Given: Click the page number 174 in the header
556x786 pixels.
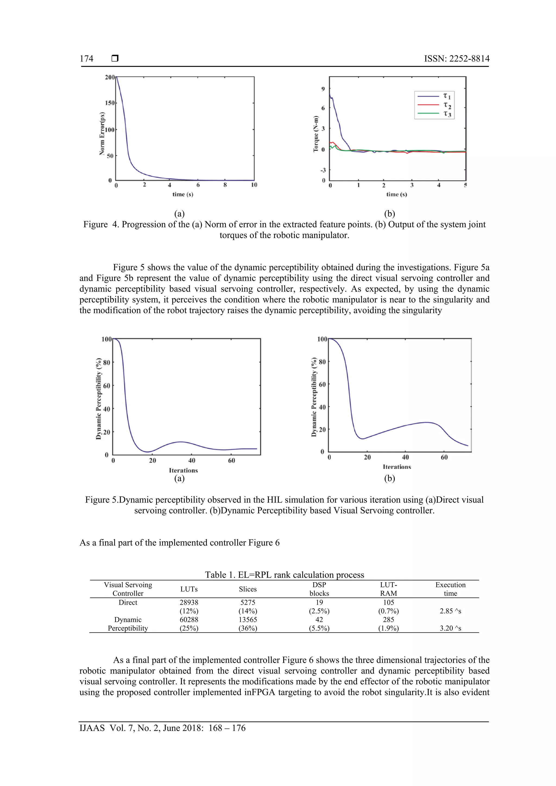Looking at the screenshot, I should pyautogui.click(x=86, y=59).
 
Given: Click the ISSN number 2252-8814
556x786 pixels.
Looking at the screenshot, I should pyautogui.click(x=469, y=59).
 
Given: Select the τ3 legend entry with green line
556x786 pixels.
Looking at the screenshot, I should pyautogui.click(x=447, y=114).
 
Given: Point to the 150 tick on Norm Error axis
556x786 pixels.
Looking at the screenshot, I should pyautogui.click(x=110, y=103).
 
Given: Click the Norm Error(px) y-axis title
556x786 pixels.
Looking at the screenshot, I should pyautogui.click(x=102, y=134).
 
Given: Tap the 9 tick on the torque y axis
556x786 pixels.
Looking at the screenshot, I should pyautogui.click(x=323, y=89).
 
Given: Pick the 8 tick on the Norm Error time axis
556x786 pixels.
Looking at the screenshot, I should pyautogui.click(x=225, y=185).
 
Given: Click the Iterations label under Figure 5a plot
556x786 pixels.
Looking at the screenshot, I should pyautogui.click(x=183, y=470).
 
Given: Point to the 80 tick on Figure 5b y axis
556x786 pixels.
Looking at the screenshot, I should pyautogui.click(x=322, y=362).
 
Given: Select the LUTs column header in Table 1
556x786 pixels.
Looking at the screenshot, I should pyautogui.click(x=189, y=589).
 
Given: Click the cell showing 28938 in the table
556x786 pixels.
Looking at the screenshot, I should pyautogui.click(x=189, y=602).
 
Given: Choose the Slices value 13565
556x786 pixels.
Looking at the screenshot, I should pyautogui.click(x=248, y=619).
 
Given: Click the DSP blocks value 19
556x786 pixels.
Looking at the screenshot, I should pyautogui.click(x=319, y=602).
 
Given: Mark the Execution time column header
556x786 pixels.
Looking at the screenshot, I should pyautogui.click(x=450, y=589).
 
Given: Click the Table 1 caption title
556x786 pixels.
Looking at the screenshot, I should pyautogui.click(x=284, y=575).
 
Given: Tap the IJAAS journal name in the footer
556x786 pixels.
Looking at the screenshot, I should pyautogui.click(x=92, y=728).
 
